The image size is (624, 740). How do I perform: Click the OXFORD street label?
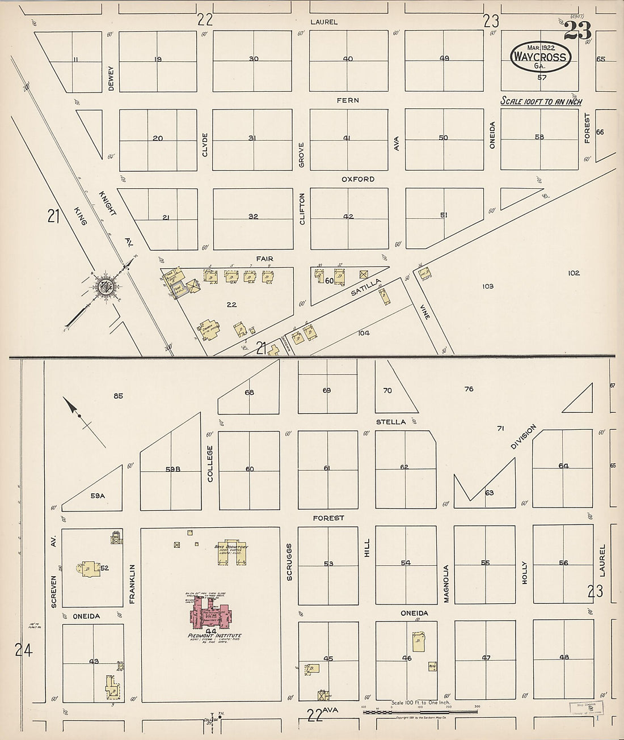(357, 179)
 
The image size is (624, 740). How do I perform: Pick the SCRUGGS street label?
(290, 564)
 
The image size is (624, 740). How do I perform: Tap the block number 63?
(489, 493)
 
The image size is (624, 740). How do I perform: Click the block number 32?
(254, 217)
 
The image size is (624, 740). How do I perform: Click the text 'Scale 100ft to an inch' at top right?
(541, 102)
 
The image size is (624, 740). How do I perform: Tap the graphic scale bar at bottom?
(420, 711)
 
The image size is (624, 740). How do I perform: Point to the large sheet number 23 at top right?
(577, 32)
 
